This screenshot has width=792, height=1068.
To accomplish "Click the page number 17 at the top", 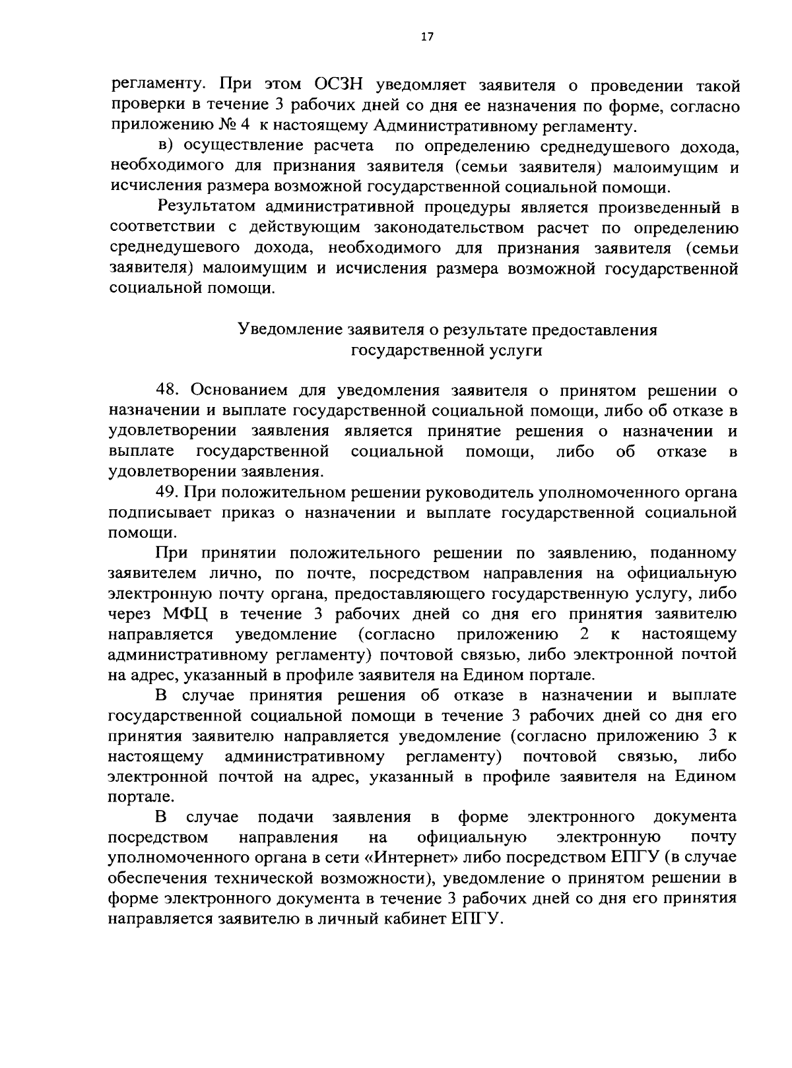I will (x=426, y=38).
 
